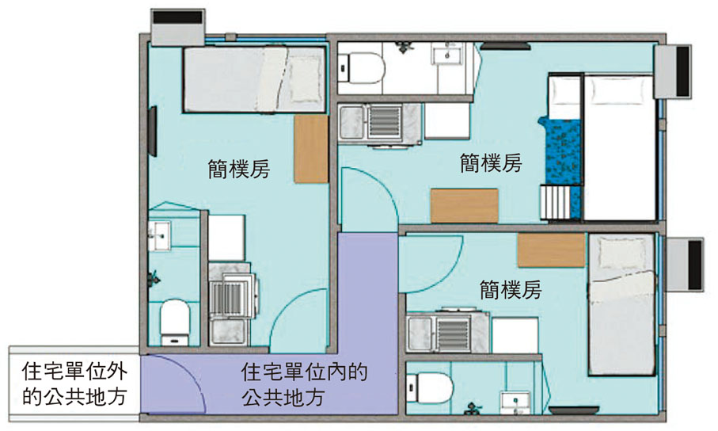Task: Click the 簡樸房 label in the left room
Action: coord(237,169)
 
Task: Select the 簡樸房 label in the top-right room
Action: coord(491,163)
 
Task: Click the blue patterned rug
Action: coord(562,158)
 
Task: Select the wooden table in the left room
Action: coord(311,149)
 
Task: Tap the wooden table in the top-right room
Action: coord(464,205)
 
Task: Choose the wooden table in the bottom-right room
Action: coord(551,250)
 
